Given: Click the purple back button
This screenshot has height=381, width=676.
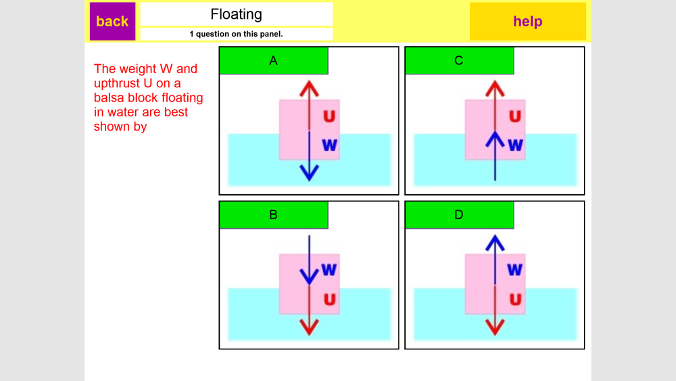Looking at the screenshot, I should point(112,21).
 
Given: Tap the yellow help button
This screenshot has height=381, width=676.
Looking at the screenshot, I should point(527,21).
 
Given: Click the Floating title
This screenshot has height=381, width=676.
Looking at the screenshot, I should point(236,14).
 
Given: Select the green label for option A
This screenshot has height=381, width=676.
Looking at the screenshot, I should point(273,61).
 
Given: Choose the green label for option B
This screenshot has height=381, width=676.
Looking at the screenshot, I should point(273,215).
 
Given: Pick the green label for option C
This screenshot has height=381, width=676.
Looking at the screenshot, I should point(459,61).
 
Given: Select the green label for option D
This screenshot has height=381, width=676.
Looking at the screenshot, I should point(459,215).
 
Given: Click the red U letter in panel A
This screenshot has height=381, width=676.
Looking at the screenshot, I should point(329,116).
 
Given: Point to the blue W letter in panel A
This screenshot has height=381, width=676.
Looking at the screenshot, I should point(329,145).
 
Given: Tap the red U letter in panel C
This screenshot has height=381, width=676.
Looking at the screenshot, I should point(515,116).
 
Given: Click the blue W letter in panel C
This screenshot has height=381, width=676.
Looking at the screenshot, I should point(515,145).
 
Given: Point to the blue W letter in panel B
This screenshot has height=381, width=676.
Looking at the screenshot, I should point(329,269).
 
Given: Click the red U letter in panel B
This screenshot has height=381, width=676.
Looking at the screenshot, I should point(329,299).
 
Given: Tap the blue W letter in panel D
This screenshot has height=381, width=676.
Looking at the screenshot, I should point(515,269).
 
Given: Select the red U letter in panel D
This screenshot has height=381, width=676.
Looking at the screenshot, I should point(515,299).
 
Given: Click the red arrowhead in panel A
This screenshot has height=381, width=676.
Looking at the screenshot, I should point(309,88).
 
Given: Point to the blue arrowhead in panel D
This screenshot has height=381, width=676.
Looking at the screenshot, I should point(495,242).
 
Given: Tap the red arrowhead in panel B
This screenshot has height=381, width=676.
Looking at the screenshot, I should point(309,328).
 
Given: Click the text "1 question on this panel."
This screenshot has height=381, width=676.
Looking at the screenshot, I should point(236,34).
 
